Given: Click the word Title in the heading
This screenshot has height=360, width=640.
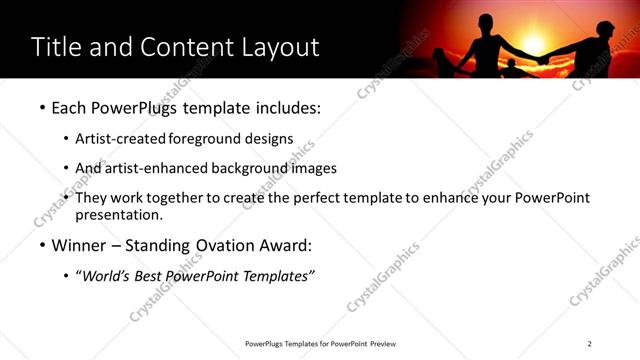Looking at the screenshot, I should pyautogui.click(x=56, y=47).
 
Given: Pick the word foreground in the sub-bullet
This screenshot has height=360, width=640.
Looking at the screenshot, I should pyautogui.click(x=205, y=138).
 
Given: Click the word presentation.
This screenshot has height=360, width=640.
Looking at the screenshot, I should pyautogui.click(x=118, y=215).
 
